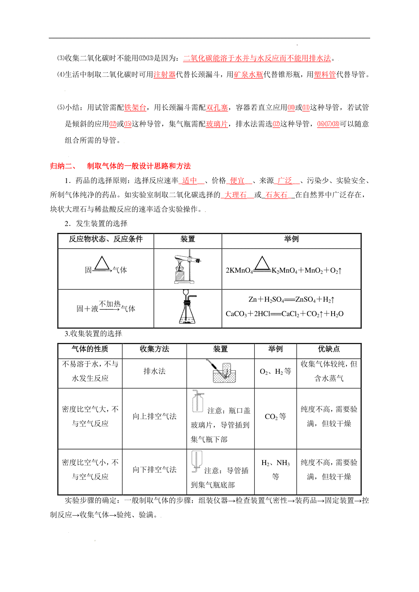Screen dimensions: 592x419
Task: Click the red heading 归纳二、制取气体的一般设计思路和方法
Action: tap(120, 166)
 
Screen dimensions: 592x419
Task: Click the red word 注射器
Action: tap(164, 74)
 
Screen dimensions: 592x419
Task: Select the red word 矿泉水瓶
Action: tap(248, 74)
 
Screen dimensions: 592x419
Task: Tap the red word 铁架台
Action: tap(135, 107)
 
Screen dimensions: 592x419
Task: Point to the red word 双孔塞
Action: tap(217, 107)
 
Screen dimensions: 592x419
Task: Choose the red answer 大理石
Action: tap(235, 195)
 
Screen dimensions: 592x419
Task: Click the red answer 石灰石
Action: tap(276, 195)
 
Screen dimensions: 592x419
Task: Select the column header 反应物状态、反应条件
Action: tap(105, 239)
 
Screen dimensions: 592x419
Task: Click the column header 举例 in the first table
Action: tap(291, 239)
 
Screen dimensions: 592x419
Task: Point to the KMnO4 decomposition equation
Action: tap(284, 270)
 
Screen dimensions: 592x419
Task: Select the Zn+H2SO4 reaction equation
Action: tap(291, 299)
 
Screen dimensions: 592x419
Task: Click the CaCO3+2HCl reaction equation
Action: tap(285, 314)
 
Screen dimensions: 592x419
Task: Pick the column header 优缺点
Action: tap(329, 349)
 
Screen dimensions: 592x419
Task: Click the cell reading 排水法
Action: tap(154, 371)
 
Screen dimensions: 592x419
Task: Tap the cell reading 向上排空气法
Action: tap(154, 416)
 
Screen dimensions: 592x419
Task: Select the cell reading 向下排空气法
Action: tap(154, 470)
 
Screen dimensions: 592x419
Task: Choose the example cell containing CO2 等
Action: tap(275, 417)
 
